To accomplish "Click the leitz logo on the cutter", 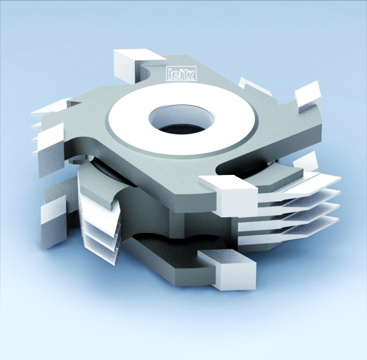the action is (181, 74).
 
